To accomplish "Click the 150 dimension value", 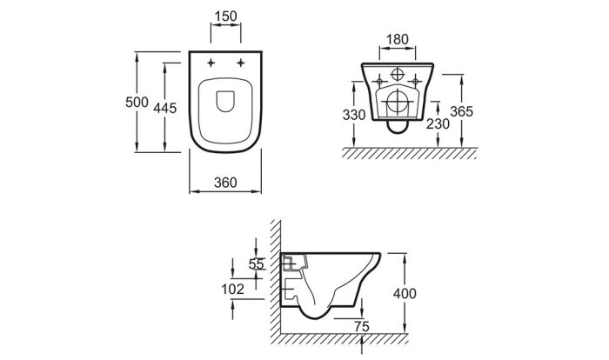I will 226,17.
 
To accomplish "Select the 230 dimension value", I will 438,123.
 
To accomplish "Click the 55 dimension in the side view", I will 258,265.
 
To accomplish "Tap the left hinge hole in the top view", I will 211,63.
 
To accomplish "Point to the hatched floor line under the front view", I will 409,153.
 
